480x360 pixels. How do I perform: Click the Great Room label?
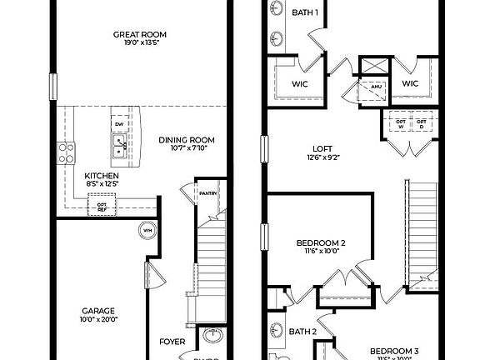tap(140, 34)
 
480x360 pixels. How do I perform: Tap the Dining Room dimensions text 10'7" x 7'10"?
tap(187, 149)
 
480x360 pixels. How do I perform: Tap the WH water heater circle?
tap(147, 231)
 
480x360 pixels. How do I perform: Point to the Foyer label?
tap(172, 341)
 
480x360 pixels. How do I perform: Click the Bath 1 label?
tap(304, 12)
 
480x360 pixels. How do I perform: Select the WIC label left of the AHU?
tap(301, 83)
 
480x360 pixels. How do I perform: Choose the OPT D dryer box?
tap(422, 122)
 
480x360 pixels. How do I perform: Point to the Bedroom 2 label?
tap(321, 243)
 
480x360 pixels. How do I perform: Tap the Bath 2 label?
tap(302, 332)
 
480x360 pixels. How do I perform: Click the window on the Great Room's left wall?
tap(53, 85)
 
